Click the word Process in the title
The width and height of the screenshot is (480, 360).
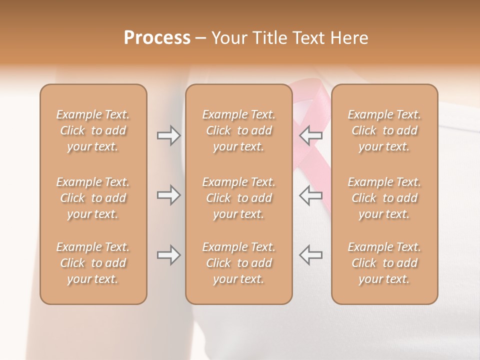157,38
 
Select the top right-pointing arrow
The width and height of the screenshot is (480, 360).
168,135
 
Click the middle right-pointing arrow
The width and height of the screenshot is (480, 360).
168,195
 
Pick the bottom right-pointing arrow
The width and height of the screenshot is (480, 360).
168,255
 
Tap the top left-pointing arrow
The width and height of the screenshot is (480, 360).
311,135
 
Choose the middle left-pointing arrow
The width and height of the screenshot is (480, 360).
311,195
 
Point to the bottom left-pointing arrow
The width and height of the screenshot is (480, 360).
311,255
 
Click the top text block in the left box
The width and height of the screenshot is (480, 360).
93,130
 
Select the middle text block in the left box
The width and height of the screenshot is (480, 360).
93,198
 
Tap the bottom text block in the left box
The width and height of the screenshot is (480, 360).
93,263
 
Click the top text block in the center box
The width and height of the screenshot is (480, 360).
239,130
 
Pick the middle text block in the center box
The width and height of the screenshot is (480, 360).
239,198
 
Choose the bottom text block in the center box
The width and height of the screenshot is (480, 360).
239,263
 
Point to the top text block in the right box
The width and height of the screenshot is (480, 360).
384,130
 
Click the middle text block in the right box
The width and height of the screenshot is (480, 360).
384,198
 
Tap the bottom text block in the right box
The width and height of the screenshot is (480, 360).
384,263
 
